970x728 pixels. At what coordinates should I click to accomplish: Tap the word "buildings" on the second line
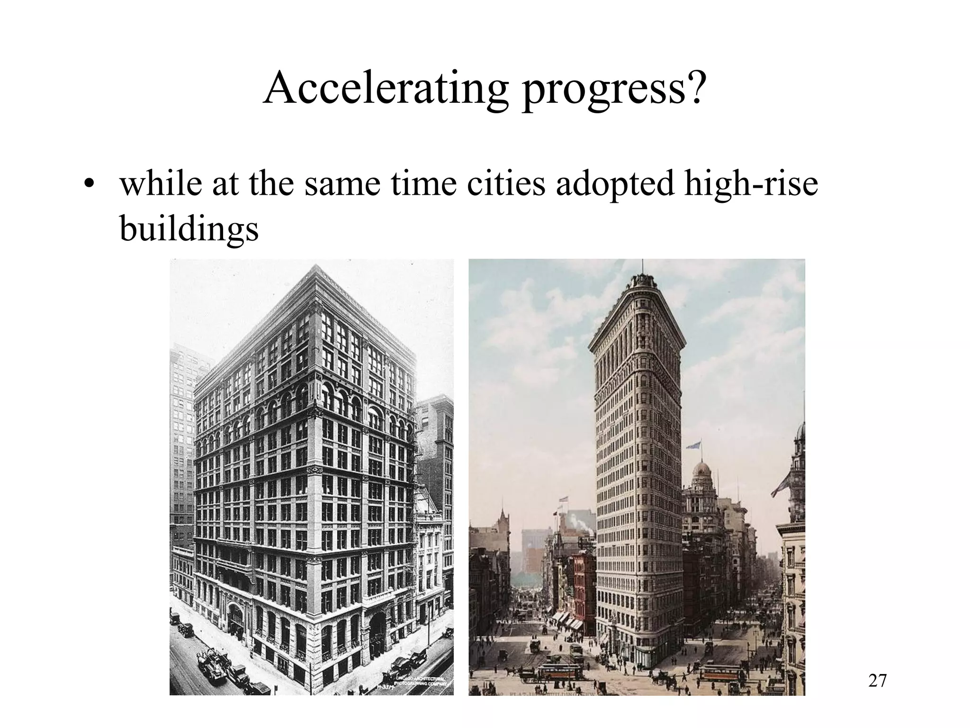point(189,228)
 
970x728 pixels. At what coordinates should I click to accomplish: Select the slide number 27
point(877,681)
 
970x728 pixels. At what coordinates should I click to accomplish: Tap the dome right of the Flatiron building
point(702,474)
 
